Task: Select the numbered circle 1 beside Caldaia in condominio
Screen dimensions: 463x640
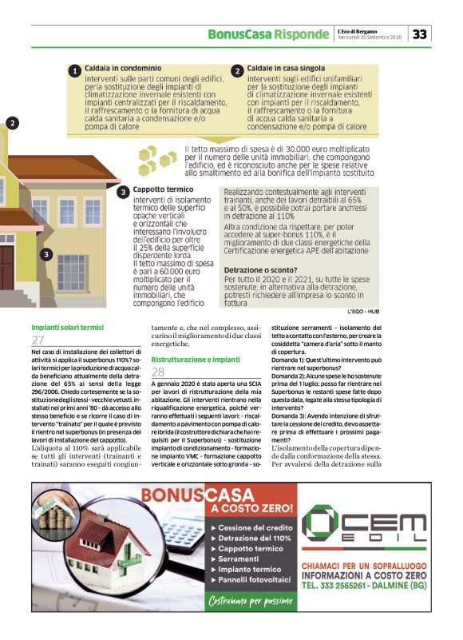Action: coord(73,71)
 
